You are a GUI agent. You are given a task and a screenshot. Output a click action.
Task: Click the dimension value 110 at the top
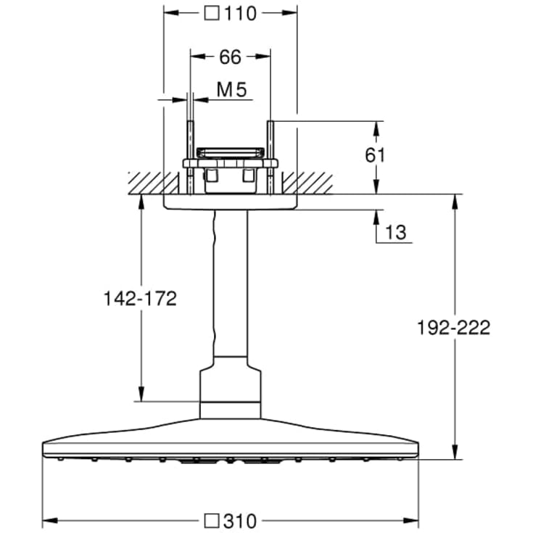click(x=241, y=14)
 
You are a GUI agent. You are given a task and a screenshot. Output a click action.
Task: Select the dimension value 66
click(x=230, y=57)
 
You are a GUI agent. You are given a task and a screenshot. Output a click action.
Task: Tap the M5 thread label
click(x=232, y=90)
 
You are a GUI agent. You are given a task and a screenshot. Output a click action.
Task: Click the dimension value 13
click(x=396, y=233)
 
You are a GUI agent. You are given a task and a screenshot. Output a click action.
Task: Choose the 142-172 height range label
click(x=141, y=299)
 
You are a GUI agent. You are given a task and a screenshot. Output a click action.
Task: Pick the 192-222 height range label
click(x=454, y=327)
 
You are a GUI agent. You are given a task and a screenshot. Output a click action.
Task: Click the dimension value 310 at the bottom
click(x=239, y=521)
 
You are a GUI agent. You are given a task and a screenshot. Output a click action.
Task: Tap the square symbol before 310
click(x=212, y=521)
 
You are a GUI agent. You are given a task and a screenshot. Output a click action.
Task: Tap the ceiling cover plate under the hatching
click(x=230, y=202)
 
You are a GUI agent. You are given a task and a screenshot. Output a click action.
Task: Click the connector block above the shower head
click(x=230, y=392)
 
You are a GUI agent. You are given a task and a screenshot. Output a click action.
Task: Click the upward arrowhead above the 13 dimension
click(x=376, y=213)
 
